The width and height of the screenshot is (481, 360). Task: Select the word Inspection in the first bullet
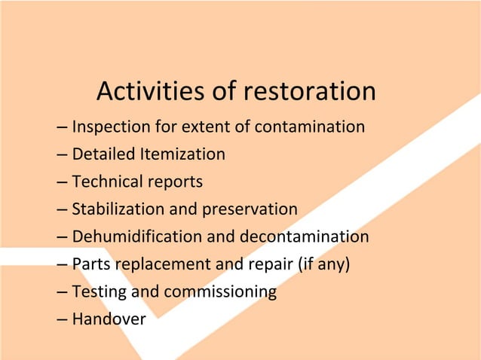(111, 127)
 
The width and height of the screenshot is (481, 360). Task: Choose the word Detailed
(104, 154)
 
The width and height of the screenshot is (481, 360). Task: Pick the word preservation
(250, 209)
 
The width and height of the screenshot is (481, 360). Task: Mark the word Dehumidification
(136, 236)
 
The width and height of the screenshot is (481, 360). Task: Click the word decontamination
(304, 236)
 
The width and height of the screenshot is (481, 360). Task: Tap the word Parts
(90, 264)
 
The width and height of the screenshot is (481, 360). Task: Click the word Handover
(109, 319)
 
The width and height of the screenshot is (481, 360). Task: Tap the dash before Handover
(62, 319)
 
